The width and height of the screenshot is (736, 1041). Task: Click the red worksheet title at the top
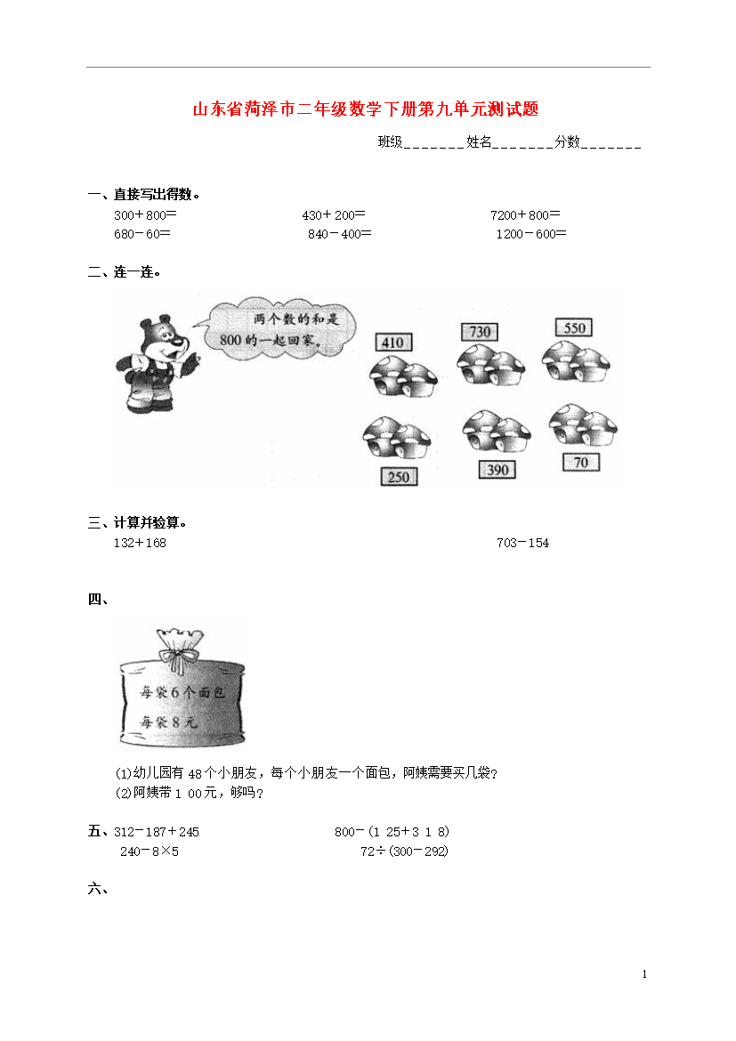click(x=366, y=109)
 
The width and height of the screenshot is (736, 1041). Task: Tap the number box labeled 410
click(x=393, y=342)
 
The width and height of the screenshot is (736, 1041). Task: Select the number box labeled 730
click(x=480, y=331)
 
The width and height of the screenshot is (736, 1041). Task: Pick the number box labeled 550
click(x=574, y=327)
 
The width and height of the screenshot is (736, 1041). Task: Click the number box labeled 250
click(x=399, y=477)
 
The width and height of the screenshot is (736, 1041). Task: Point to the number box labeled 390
click(x=497, y=470)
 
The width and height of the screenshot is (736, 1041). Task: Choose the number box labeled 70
click(x=581, y=462)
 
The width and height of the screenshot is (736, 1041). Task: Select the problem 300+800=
click(x=145, y=215)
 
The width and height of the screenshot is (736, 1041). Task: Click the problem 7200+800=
click(x=525, y=215)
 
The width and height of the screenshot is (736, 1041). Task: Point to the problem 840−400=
click(x=339, y=234)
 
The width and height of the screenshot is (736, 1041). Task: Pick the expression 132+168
click(x=140, y=543)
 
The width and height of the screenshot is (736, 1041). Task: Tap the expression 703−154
click(x=522, y=543)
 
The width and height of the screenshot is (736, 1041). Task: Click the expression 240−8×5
click(x=150, y=851)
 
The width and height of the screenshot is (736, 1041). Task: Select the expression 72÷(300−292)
click(x=405, y=851)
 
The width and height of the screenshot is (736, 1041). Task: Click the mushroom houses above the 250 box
click(x=397, y=438)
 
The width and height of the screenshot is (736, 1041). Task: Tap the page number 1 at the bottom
click(x=644, y=974)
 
